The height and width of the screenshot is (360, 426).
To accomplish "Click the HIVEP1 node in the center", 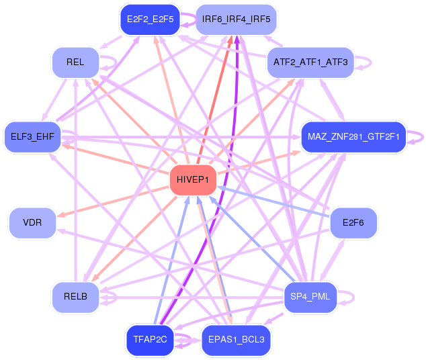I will click(194, 179).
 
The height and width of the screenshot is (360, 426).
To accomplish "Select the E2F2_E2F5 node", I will click(148, 19).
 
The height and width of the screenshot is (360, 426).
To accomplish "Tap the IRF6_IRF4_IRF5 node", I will click(236, 19).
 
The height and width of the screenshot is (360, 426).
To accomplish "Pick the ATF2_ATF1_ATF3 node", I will click(310, 62).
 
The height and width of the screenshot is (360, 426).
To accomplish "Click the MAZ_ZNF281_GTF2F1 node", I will click(353, 137).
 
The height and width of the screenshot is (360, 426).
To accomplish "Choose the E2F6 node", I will click(353, 222).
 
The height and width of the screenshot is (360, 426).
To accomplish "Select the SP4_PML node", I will click(310, 297).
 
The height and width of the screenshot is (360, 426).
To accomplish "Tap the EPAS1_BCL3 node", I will click(236, 341).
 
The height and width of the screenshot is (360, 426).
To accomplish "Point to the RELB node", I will click(75, 297).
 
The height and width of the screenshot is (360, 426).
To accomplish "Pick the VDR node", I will click(32, 222).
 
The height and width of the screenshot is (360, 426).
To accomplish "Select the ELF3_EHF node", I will click(32, 137).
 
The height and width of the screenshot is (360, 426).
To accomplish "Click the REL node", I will click(75, 62).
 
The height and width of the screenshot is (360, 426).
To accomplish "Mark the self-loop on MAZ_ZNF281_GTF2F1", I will click(420, 136).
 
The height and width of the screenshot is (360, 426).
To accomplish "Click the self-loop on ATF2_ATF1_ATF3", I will click(368, 62).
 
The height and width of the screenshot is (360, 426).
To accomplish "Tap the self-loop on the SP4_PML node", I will click(351, 297).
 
